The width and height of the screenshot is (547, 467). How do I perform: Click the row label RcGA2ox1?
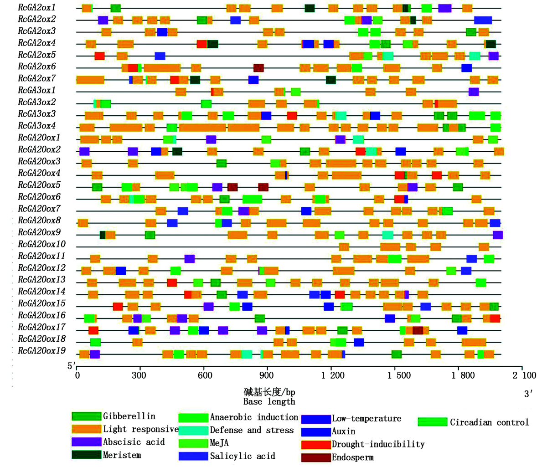[x=36, y=8]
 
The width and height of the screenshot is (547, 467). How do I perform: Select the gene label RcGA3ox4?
[x=36, y=126]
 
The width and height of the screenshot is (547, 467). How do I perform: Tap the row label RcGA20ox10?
[x=41, y=244]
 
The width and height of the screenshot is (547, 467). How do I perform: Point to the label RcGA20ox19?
[x=41, y=351]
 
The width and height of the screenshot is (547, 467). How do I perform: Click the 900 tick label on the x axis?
[x=267, y=375]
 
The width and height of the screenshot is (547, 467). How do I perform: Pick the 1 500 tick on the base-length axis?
[x=399, y=375]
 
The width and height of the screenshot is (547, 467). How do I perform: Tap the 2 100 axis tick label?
[x=524, y=375]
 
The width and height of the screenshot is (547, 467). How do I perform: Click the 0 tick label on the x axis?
[x=77, y=375]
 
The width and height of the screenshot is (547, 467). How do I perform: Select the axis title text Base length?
[x=269, y=402]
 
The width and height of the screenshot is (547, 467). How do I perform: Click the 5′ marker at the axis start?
[x=72, y=366]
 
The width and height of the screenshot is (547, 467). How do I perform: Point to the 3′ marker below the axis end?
[x=528, y=394]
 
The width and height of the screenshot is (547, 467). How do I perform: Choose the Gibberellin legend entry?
[x=129, y=416]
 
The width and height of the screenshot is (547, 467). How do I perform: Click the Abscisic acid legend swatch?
[x=86, y=442]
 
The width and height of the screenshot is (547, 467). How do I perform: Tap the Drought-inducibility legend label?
[x=378, y=444]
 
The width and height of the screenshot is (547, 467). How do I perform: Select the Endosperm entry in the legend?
[x=352, y=457]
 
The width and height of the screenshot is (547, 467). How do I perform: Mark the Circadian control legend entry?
[x=489, y=422]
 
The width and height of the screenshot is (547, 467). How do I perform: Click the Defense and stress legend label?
[x=252, y=430]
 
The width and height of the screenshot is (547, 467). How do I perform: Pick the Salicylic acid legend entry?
[x=242, y=456]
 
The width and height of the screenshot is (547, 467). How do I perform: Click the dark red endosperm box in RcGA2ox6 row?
[x=258, y=68]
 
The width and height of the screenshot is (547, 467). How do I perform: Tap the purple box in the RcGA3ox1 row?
[x=474, y=92]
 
